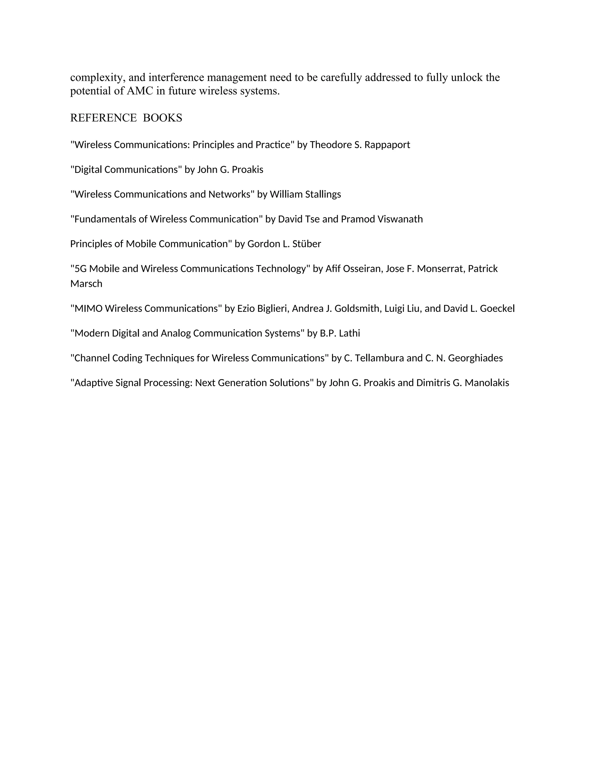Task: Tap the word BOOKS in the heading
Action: (x=162, y=118)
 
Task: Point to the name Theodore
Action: (x=331, y=145)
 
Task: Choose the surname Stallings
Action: (x=323, y=195)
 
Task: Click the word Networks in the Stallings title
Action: (x=231, y=195)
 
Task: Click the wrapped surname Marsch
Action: (x=86, y=284)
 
